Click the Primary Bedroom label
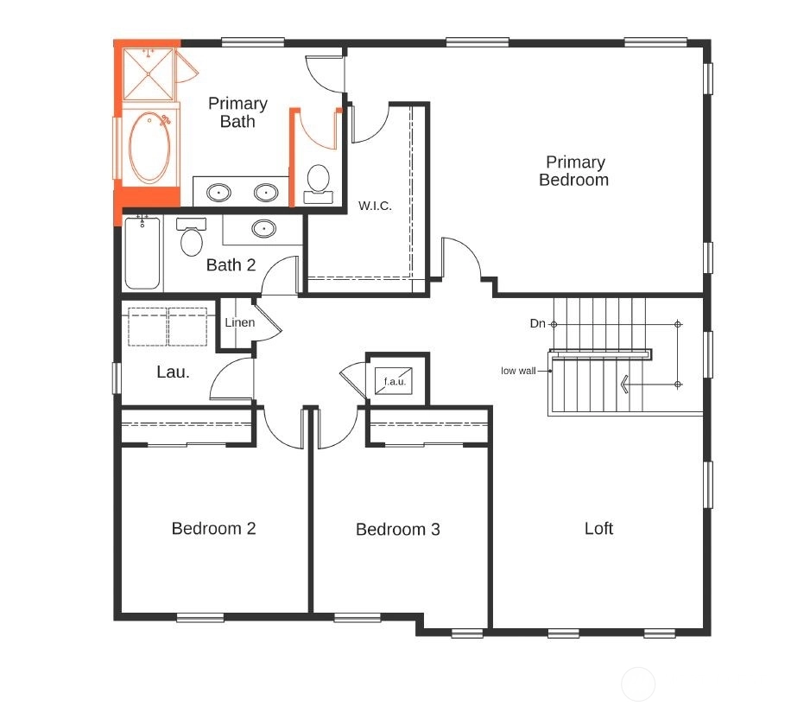coord(574,170)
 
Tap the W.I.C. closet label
coord(375,206)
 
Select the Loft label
coord(598,528)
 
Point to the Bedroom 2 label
coord(214,528)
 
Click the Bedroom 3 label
coord(398,529)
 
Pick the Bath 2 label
coord(231,264)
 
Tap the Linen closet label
coord(239,322)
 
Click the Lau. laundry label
coord(173,372)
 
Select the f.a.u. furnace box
coord(394,381)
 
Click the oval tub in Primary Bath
coord(149,147)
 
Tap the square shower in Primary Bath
coord(149,74)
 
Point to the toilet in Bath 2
coord(191,238)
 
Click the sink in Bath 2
coord(264,229)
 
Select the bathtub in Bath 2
coord(142,253)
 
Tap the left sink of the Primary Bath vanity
coord(219,193)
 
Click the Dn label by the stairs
coord(538,323)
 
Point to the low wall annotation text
coord(518,371)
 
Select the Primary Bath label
coord(237,112)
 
